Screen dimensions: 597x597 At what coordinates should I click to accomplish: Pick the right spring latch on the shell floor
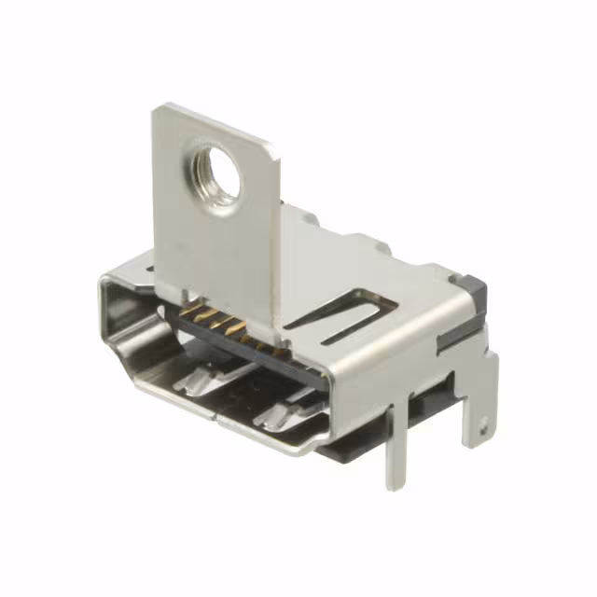[281, 410]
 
